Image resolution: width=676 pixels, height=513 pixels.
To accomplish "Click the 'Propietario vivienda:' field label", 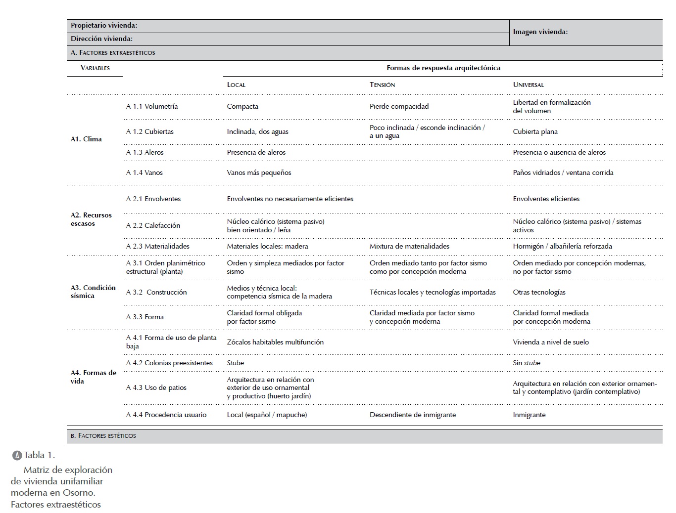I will [104, 25].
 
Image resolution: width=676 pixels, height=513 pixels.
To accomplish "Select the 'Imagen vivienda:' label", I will [540, 32].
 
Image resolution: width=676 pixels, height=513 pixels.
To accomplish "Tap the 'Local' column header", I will [236, 85].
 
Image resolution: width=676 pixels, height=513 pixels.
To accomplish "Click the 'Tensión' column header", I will [382, 85].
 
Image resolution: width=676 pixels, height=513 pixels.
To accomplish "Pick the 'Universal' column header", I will [528, 85].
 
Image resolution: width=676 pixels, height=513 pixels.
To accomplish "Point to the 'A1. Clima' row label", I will [86, 139].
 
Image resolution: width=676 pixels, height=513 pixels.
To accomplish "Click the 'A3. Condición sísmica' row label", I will [93, 292].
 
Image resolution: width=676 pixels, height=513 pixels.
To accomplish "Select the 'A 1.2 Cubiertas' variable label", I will [149, 131].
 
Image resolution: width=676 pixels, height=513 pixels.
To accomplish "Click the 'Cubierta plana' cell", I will [535, 131].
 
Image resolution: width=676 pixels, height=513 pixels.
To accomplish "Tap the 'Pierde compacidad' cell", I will [399, 106].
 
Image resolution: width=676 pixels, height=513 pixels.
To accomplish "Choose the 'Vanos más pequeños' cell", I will [259, 172].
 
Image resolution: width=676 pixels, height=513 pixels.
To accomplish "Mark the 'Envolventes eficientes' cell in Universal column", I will [546, 199].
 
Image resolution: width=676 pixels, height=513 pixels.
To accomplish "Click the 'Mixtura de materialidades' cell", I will [409, 246].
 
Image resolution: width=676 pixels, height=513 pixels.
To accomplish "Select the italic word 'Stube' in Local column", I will [235, 363].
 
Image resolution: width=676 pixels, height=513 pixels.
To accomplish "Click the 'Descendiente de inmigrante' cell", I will [412, 415].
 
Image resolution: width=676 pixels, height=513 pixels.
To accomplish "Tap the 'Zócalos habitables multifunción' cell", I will [275, 342].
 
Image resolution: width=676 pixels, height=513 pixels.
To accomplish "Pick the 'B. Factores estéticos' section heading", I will [103, 435].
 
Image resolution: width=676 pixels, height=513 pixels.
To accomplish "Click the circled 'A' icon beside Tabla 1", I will [17, 455].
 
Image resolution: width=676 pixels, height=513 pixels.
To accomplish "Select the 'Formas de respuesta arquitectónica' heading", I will [443, 68].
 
